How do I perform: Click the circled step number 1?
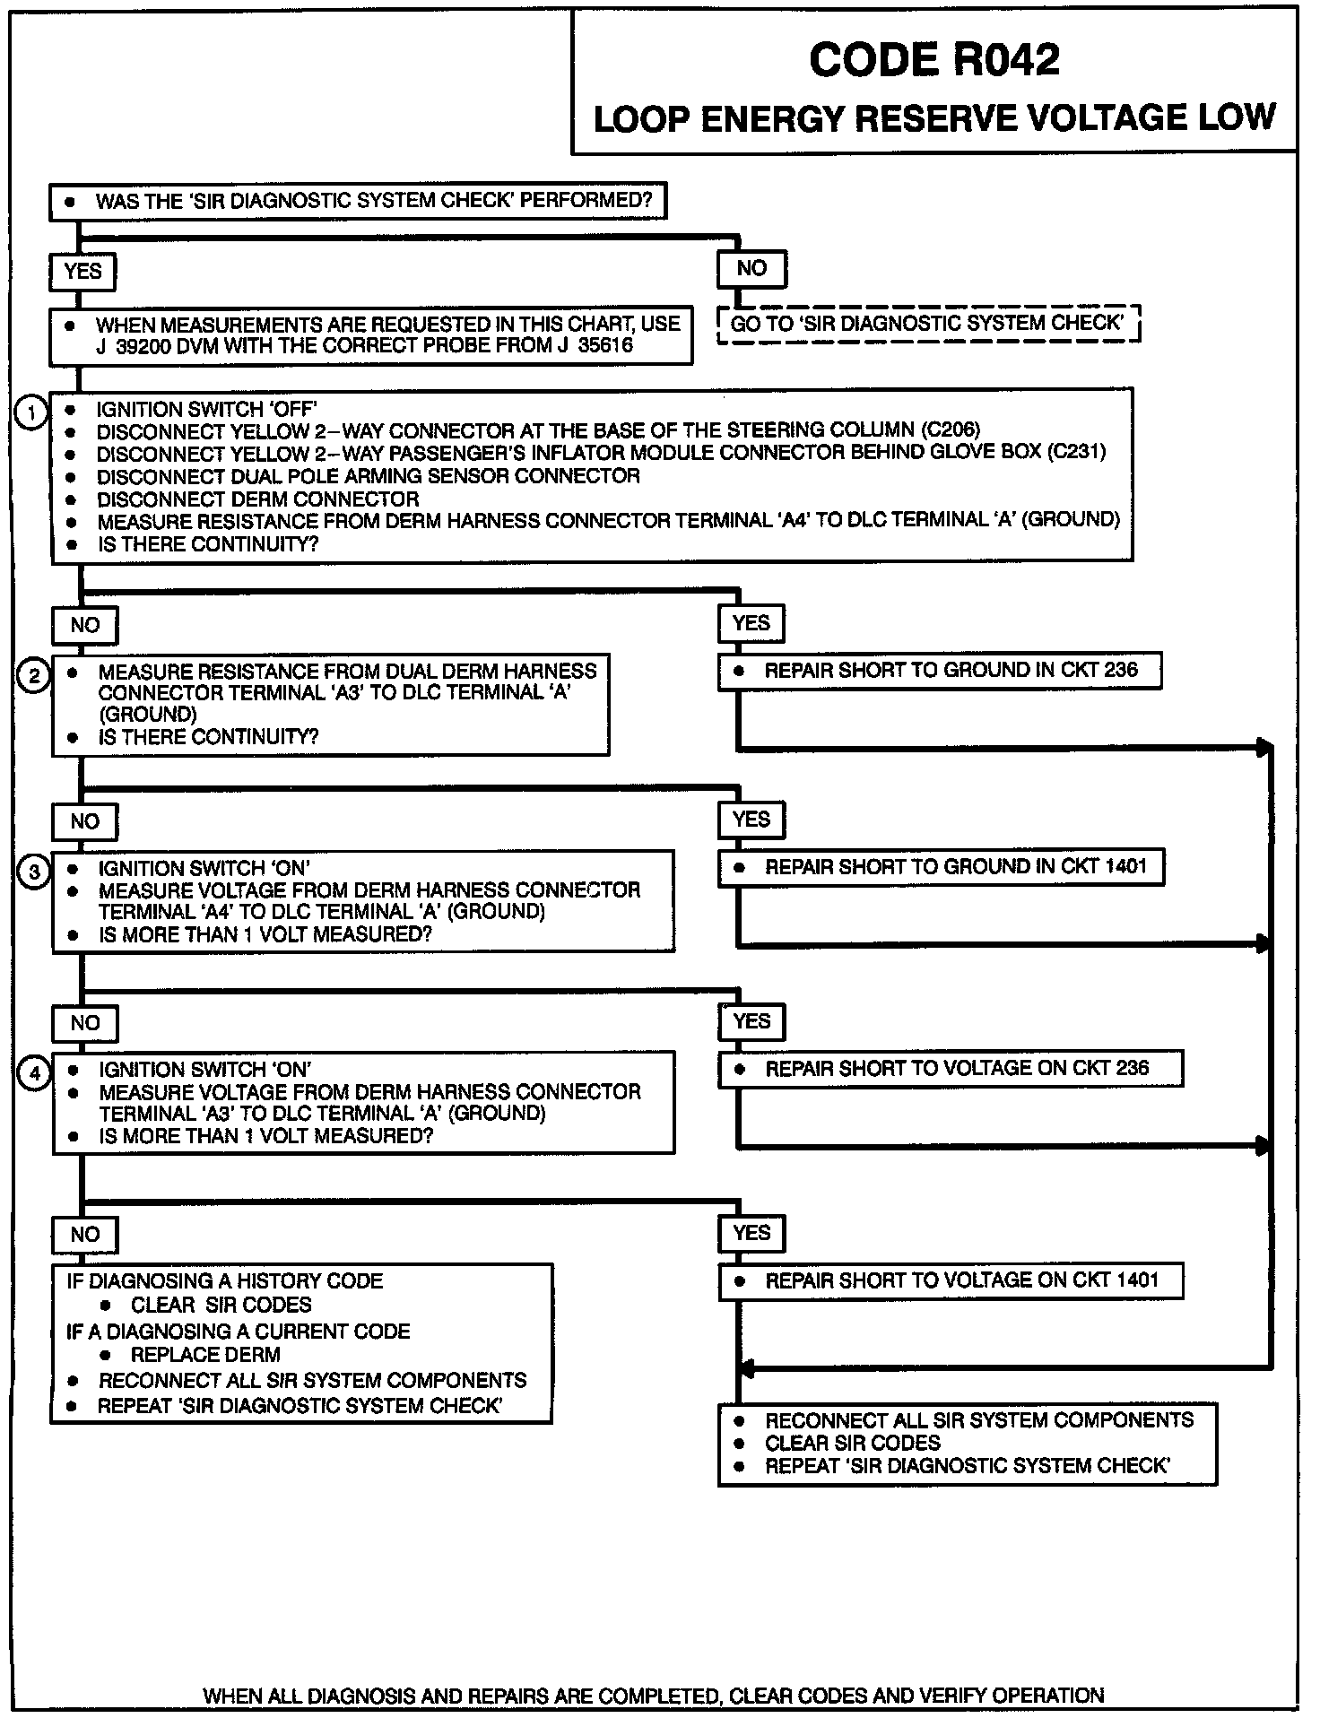(32, 413)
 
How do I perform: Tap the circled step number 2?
(33, 674)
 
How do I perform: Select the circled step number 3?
(34, 872)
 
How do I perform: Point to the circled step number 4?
(34, 1073)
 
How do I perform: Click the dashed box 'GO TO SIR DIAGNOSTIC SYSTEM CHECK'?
(928, 324)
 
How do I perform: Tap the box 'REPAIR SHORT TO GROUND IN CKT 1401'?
(941, 867)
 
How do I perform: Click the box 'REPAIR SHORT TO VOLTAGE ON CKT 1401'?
(951, 1280)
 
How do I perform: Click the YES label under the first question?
(82, 272)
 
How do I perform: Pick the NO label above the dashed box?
(751, 268)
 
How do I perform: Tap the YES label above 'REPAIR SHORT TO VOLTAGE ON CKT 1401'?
(751, 1233)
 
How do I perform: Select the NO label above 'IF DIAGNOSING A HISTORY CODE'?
(85, 1235)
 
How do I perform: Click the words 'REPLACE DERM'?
(205, 1355)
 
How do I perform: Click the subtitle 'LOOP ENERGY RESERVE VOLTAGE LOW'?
(934, 119)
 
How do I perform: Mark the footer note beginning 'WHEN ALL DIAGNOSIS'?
(653, 1696)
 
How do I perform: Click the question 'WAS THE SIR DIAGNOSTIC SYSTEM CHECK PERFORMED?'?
(374, 201)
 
